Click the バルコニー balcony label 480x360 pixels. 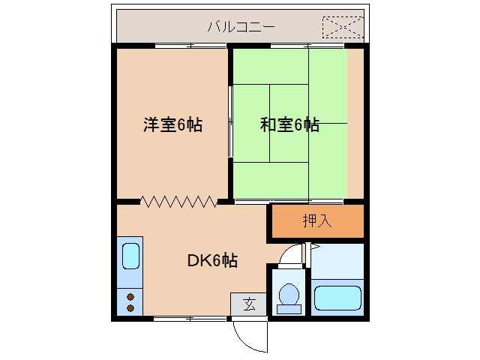pyautogui.click(x=241, y=28)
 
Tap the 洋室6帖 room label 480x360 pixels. pyautogui.click(x=172, y=125)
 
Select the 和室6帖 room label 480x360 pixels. pyautogui.click(x=289, y=125)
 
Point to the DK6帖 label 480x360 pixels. pyautogui.click(x=212, y=261)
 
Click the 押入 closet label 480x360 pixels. pyautogui.click(x=316, y=221)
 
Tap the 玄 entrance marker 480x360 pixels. pyautogui.click(x=248, y=304)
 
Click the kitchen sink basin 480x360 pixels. pyautogui.click(x=130, y=257)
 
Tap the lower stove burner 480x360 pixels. pyautogui.click(x=130, y=307)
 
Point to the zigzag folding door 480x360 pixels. pyautogui.click(x=179, y=201)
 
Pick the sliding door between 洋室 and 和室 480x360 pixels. pyautogui.click(x=231, y=120)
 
